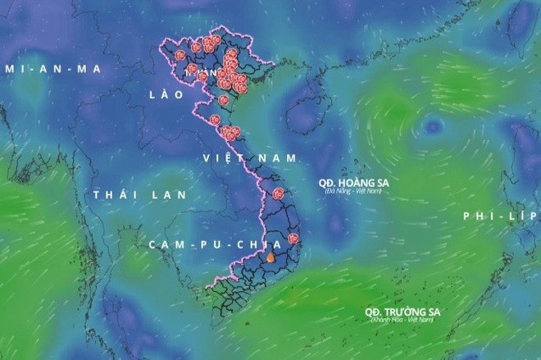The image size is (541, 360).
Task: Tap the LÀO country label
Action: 163,95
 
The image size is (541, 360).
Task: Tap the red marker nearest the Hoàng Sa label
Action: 278,194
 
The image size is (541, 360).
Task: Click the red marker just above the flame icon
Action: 294,242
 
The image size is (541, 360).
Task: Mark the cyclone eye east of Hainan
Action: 430,126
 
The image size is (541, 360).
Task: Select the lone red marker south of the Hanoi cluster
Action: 224,100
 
